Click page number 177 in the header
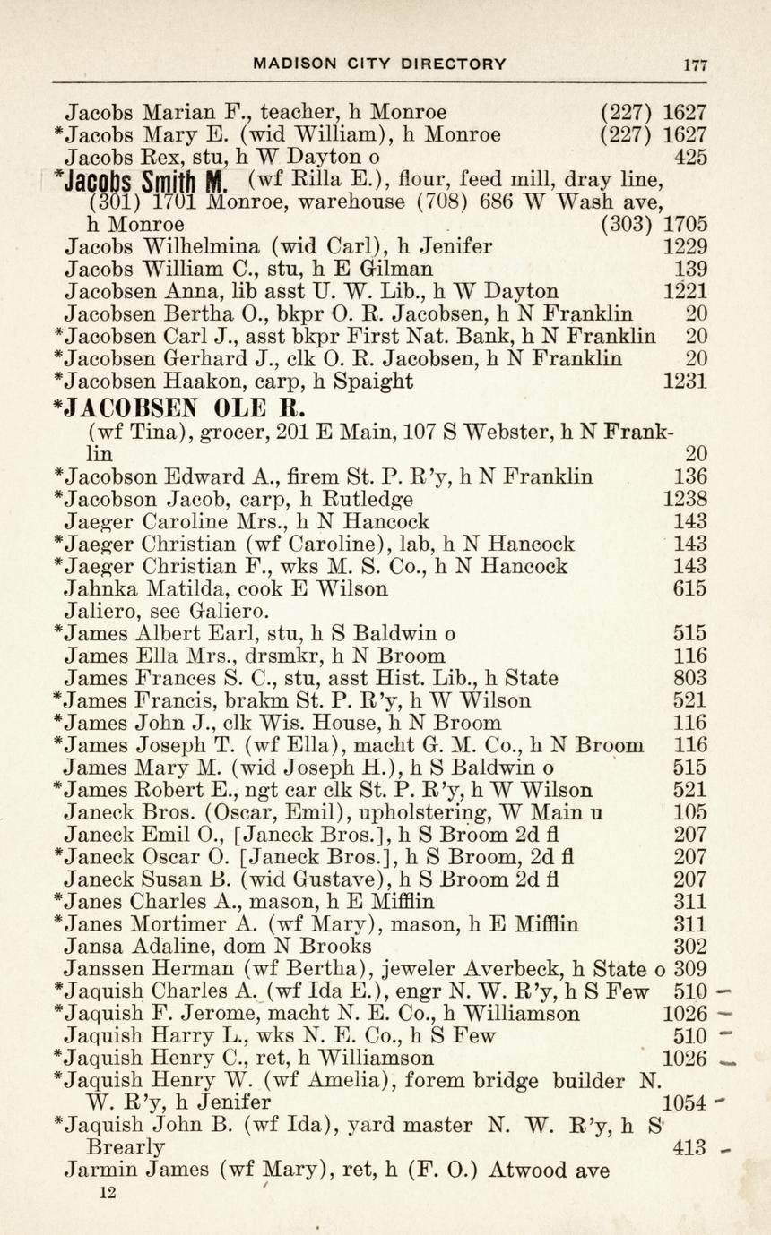tap(695, 64)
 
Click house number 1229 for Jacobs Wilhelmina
tap(684, 246)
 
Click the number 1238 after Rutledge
tap(684, 499)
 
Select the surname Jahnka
tap(96, 588)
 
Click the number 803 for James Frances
tap(689, 678)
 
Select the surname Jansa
tap(91, 947)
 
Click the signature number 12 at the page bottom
tap(108, 1192)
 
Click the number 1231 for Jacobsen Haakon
tap(684, 382)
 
